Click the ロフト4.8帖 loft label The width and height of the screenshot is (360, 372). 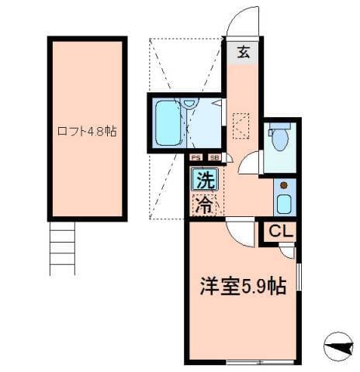click(86, 131)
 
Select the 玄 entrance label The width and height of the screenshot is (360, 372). click(243, 53)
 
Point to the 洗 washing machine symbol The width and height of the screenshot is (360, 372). click(204, 183)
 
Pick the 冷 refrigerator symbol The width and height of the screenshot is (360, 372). click(204, 205)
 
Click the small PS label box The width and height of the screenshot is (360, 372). click(196, 157)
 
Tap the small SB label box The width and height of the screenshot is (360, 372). click(213, 157)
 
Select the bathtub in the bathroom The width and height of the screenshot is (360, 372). click(166, 122)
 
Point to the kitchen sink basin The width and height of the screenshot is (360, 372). click(283, 205)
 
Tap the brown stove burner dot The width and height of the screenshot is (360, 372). click(284, 185)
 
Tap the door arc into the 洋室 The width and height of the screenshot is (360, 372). click(240, 230)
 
